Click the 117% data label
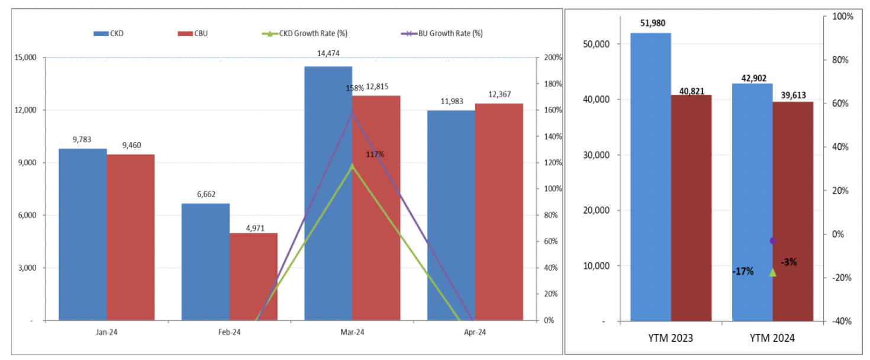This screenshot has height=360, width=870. click(375, 155)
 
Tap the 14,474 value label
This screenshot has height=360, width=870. click(328, 54)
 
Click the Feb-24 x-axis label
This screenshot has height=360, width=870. click(229, 332)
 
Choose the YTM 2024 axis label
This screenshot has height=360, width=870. click(772, 339)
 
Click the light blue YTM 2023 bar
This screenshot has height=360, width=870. click(650, 178)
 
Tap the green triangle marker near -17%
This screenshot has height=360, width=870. click(772, 272)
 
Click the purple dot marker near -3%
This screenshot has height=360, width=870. click(772, 240)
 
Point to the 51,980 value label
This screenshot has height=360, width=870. click(651, 23)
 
